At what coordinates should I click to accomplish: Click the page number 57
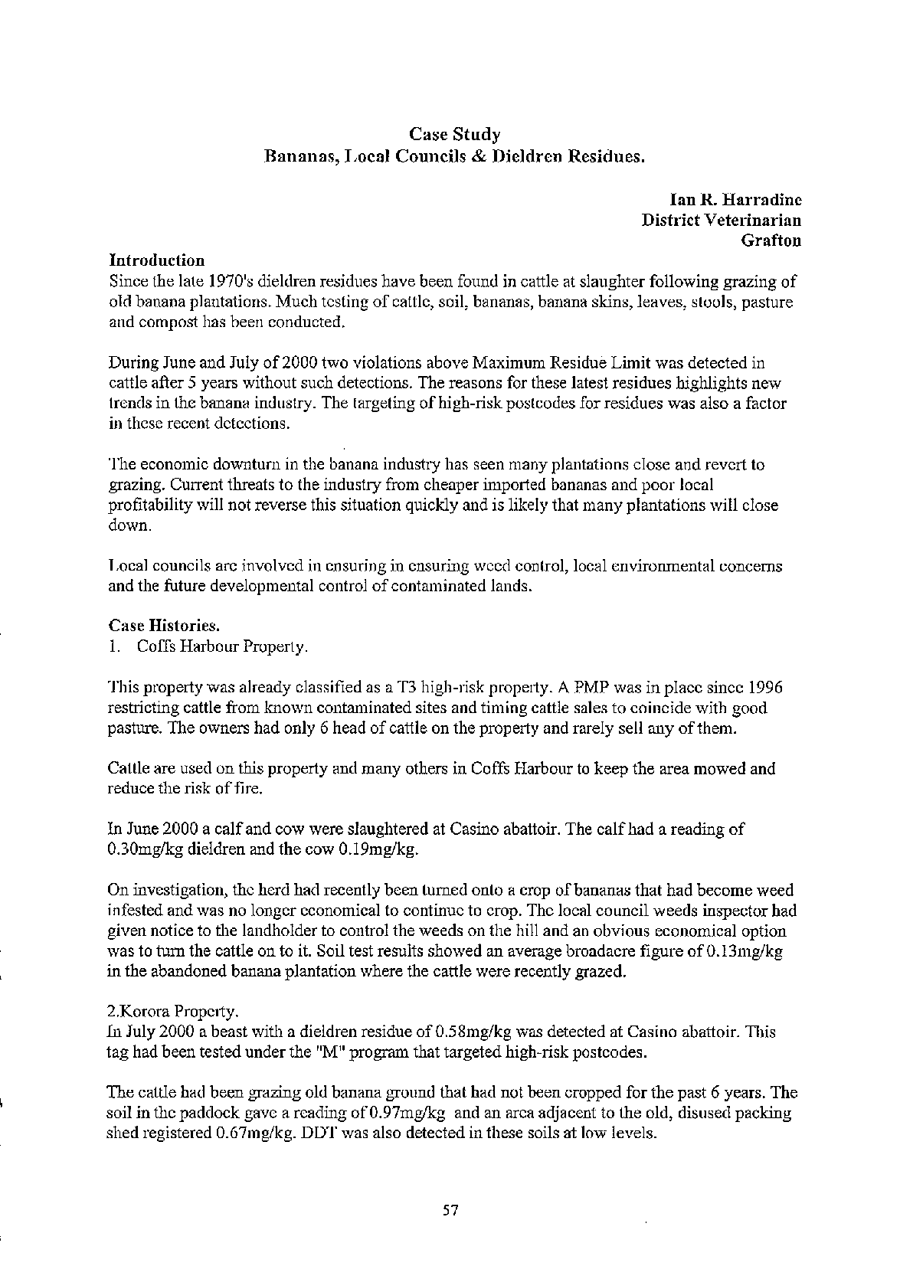coord(450,1211)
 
